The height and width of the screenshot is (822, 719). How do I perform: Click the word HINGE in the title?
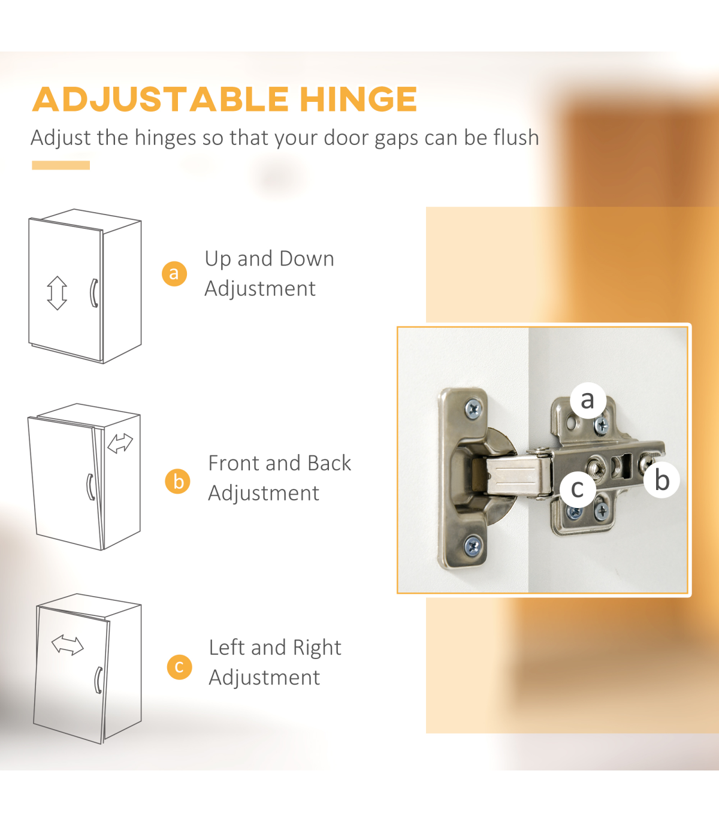[x=358, y=99]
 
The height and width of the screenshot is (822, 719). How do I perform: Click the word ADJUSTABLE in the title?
[x=161, y=99]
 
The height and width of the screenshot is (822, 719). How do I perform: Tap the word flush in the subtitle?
[x=516, y=137]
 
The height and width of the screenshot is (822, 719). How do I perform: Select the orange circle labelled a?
[x=174, y=274]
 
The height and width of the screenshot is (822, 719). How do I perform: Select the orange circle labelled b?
[x=177, y=481]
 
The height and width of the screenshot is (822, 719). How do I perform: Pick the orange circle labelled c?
[x=180, y=667]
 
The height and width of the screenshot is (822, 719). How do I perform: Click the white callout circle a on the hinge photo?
[x=588, y=400]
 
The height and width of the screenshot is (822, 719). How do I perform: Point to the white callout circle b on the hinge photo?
[x=661, y=480]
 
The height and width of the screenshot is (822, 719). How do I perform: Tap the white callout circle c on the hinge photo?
[x=578, y=488]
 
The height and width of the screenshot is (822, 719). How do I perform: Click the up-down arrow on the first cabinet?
[x=57, y=293]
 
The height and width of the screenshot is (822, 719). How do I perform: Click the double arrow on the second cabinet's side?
[x=120, y=443]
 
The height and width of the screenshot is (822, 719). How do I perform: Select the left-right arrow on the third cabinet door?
[x=68, y=645]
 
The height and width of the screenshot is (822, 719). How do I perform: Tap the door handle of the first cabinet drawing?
[x=93, y=293]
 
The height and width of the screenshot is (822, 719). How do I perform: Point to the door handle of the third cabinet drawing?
[x=98, y=680]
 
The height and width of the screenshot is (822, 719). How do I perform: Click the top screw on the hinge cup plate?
[x=473, y=409]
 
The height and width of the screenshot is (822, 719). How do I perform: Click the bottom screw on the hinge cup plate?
[x=473, y=546]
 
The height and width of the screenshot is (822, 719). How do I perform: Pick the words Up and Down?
[x=269, y=259]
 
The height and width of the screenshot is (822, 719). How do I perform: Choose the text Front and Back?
[x=280, y=463]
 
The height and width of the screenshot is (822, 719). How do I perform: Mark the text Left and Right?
[x=275, y=648]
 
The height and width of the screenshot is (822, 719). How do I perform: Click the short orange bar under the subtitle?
[x=61, y=165]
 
